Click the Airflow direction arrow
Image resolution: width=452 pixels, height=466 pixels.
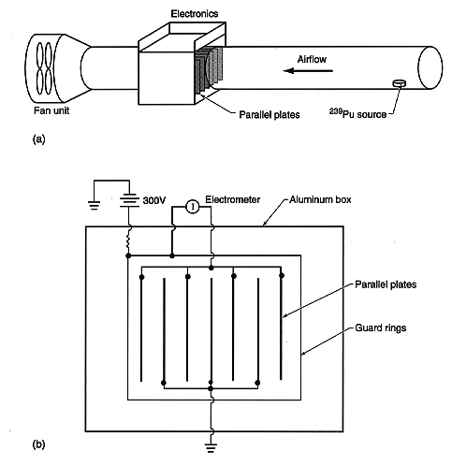[308, 71]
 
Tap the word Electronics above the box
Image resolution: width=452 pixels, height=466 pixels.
[195, 14]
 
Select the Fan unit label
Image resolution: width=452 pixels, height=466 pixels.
[51, 110]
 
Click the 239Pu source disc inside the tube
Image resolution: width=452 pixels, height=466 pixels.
[400, 83]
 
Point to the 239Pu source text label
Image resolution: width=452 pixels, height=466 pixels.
[357, 113]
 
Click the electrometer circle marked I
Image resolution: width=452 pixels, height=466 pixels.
[193, 207]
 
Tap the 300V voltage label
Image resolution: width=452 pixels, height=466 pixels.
[154, 200]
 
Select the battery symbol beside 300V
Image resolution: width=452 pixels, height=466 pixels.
[128, 199]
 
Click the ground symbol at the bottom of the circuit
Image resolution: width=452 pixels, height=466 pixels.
[211, 448]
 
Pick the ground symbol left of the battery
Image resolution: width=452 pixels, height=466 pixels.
[95, 205]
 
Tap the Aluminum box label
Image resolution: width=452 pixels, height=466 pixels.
[320, 199]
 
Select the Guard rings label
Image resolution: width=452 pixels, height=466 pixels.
[381, 328]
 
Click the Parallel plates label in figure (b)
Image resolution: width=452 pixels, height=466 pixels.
[386, 284]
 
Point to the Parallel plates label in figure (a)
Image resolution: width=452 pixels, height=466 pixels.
[270, 115]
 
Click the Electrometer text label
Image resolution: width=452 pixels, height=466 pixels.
[233, 199]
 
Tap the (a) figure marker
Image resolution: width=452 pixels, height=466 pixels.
[38, 139]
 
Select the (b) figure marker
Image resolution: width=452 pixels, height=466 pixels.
[38, 444]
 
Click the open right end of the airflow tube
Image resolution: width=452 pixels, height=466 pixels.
[430, 68]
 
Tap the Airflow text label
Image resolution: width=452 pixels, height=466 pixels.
[312, 59]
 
